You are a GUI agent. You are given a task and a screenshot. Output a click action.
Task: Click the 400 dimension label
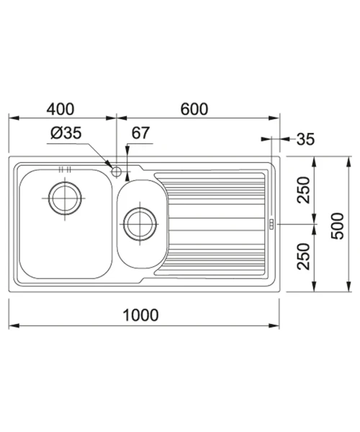pos(60,109)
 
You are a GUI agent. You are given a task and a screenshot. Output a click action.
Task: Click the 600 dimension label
pos(194,109)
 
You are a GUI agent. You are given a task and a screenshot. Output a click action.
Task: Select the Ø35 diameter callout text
pos(66,132)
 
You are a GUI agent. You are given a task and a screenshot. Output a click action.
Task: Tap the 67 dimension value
pos(140,132)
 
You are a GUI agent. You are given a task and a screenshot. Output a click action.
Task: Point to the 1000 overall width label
pos(140,315)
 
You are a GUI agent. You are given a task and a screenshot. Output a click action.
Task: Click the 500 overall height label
pos(338,225)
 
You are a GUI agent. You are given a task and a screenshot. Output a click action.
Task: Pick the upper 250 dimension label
pos(304,190)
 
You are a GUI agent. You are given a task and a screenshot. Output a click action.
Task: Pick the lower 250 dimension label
pos(304,256)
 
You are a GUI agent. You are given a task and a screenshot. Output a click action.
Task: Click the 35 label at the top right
pos(305,139)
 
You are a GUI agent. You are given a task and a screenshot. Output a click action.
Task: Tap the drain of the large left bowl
pos(65,199)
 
